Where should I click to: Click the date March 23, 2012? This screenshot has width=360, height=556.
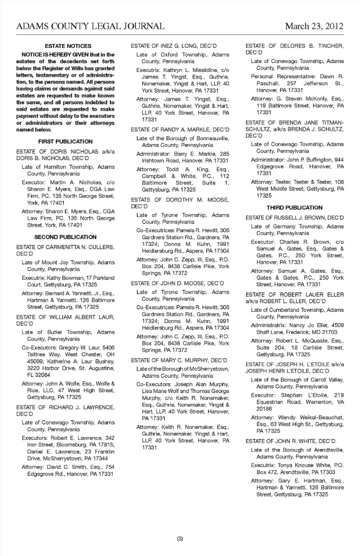click(x=314, y=26)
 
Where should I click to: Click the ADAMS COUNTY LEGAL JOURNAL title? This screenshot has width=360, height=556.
click(x=90, y=26)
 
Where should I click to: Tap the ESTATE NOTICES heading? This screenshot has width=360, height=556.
click(x=68, y=46)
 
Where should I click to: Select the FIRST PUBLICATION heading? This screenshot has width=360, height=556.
click(x=65, y=141)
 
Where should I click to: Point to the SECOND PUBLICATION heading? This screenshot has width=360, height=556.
click(x=65, y=237)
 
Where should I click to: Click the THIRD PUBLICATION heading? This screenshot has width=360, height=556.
click(x=294, y=207)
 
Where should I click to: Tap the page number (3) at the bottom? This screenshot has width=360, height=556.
click(x=180, y=539)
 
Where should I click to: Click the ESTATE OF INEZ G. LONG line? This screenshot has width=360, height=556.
click(x=174, y=46)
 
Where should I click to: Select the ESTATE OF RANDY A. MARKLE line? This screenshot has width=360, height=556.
click(x=180, y=129)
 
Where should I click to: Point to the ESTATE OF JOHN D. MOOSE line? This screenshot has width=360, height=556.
click(x=177, y=283)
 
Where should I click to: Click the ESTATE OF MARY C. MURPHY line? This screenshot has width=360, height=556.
click(x=179, y=360)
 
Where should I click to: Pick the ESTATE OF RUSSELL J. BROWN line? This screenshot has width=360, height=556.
click(x=294, y=217)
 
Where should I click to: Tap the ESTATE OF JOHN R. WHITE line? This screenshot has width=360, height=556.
click(x=290, y=441)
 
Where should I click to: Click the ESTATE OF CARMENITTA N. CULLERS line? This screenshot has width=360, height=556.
click(x=65, y=247)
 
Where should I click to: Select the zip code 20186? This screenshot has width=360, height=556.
click(x=264, y=409)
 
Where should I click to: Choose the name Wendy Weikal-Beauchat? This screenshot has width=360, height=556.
click(x=310, y=417)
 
